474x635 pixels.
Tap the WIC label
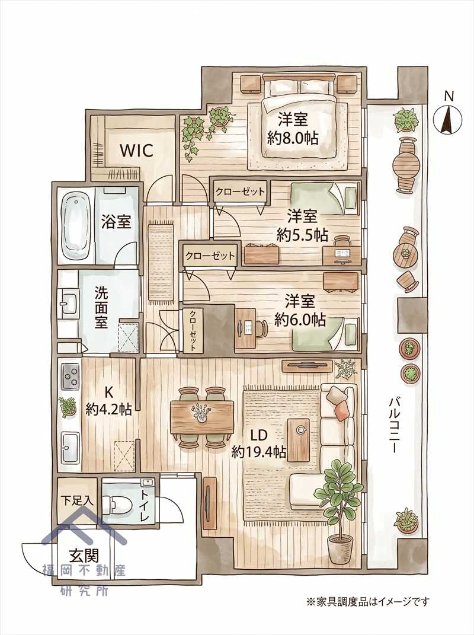pos(136,151)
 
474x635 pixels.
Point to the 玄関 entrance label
pos(84,554)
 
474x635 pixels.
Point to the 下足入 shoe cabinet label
pos(77,500)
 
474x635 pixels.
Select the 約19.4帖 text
pos(259,452)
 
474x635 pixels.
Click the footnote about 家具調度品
pos(367,602)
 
